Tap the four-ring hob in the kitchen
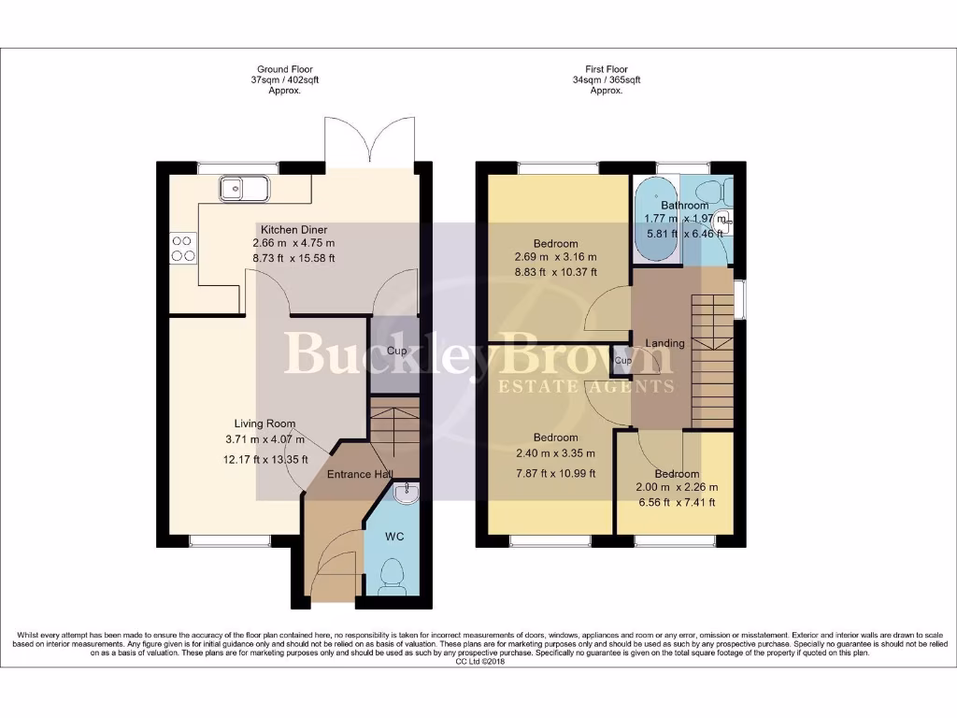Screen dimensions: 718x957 [x=182, y=247]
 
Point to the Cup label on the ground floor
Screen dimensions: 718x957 [x=395, y=352]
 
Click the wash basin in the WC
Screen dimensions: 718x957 [x=405, y=493]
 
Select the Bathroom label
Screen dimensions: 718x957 [x=684, y=205]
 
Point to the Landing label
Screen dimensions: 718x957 [x=664, y=343]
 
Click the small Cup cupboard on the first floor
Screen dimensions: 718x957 [x=622, y=360]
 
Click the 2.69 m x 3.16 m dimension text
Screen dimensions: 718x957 [x=555, y=258]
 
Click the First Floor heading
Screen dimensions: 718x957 [x=606, y=69]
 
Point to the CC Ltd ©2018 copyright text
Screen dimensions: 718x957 [x=478, y=662]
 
